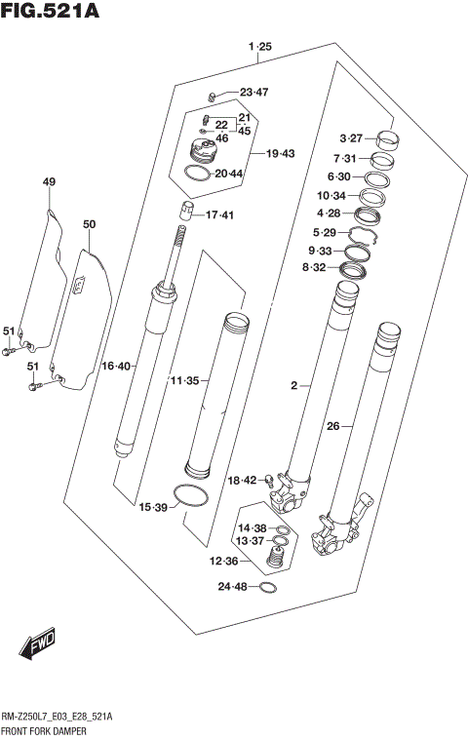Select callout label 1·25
pos(259,47)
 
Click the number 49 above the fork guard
pos(49,182)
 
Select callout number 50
pos(89,225)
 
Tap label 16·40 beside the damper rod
pos(116,367)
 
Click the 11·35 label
pos(184,379)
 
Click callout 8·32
pos(314,267)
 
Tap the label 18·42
pos(242,480)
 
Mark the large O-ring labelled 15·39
pos(189,494)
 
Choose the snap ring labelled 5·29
pos(363,235)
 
